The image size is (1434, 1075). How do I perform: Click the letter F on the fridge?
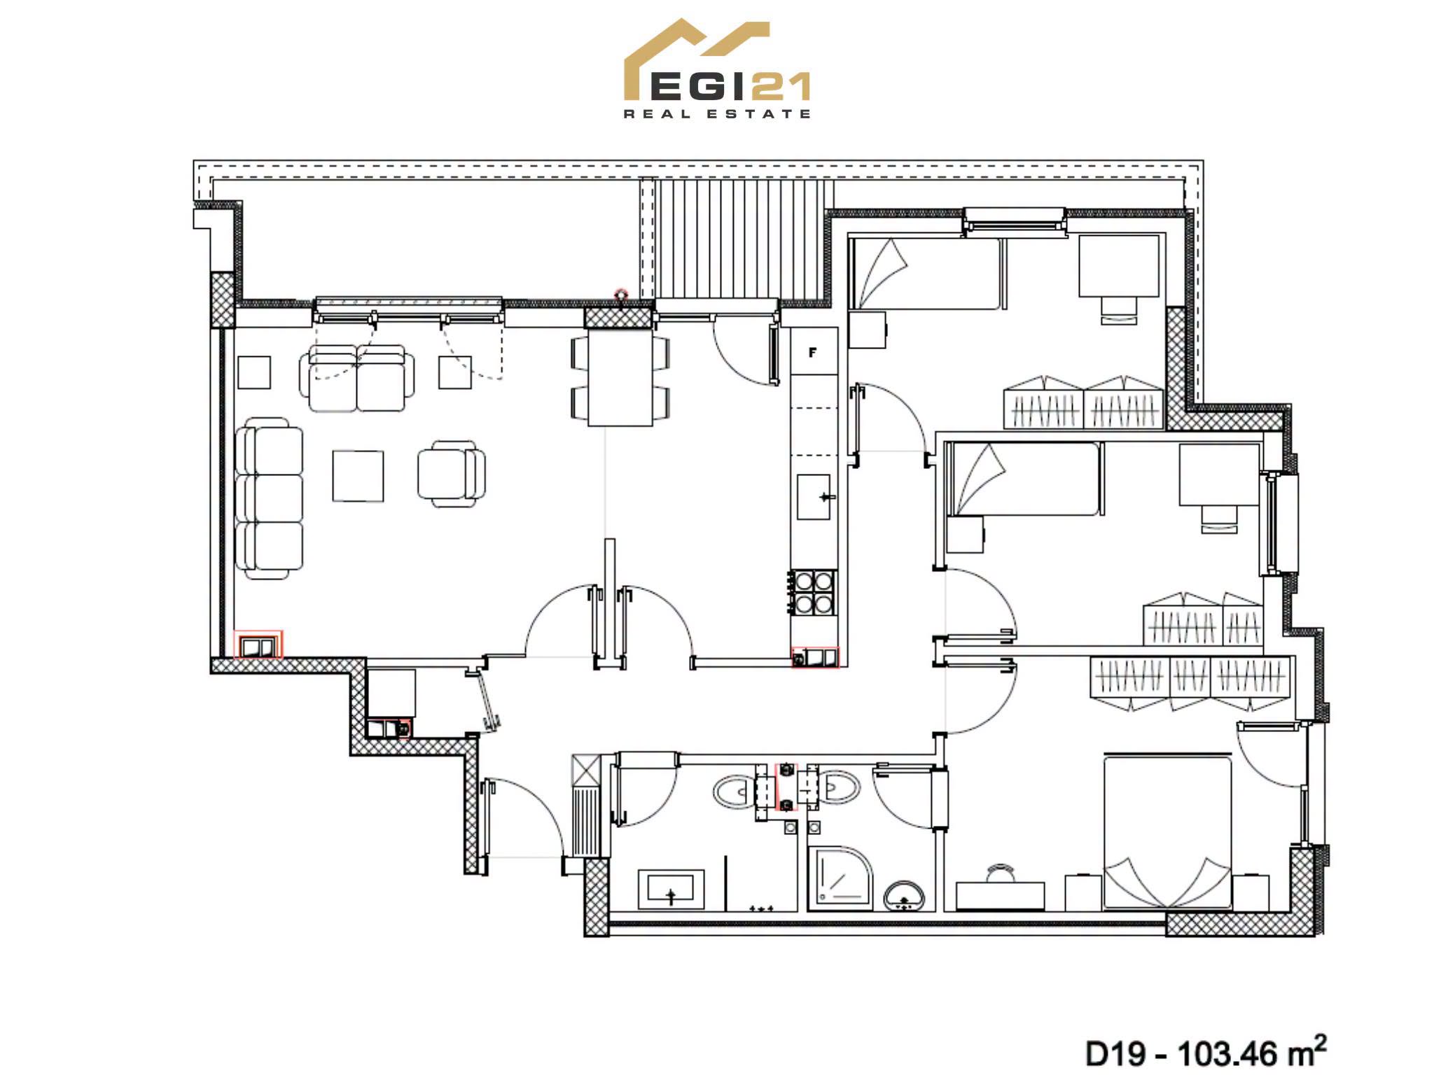pyautogui.click(x=812, y=353)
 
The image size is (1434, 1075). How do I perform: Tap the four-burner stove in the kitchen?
pyautogui.click(x=814, y=592)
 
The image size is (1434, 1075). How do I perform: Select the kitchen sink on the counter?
pyautogui.click(x=814, y=496)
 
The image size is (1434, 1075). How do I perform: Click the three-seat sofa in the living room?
pyautogui.click(x=269, y=498)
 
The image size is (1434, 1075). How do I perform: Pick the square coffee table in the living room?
pyautogui.click(x=358, y=476)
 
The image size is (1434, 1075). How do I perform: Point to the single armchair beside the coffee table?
pyautogui.click(x=452, y=473)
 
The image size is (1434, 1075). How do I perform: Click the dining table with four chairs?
pyautogui.click(x=620, y=377)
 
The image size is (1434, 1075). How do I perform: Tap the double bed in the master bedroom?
pyautogui.click(x=1167, y=832)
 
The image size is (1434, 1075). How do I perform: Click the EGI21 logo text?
pyautogui.click(x=730, y=87)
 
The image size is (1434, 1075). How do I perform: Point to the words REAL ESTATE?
pyautogui.click(x=717, y=113)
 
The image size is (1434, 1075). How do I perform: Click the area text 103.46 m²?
pyautogui.click(x=1252, y=1052)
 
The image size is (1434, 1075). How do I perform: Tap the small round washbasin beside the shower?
pyautogui.click(x=904, y=897)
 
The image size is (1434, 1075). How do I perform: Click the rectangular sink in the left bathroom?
pyautogui.click(x=671, y=889)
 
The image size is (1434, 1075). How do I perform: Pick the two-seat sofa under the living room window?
pyautogui.click(x=357, y=378)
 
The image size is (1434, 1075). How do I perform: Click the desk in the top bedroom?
pyautogui.click(x=1119, y=266)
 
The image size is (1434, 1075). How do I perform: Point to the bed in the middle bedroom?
pyautogui.click(x=1023, y=479)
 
